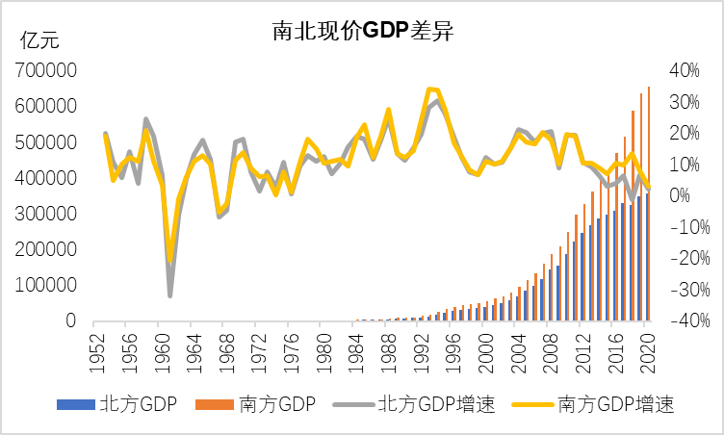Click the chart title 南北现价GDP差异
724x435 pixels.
[363, 31]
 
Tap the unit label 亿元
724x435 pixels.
[40, 40]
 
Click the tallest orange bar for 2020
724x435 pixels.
[649, 192]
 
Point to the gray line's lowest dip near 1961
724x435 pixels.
[170, 295]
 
